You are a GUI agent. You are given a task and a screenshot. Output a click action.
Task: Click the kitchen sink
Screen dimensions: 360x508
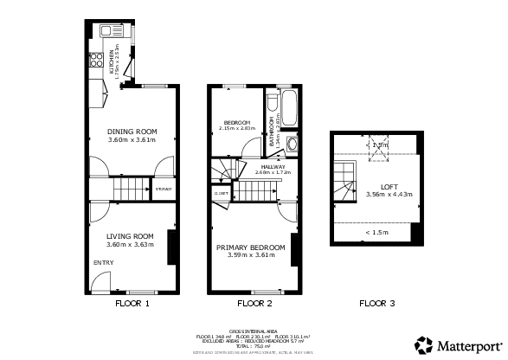point(109,31)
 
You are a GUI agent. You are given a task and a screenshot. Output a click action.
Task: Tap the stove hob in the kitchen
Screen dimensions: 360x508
point(94,62)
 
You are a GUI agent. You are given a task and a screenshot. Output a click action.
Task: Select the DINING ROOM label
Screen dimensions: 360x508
point(131,132)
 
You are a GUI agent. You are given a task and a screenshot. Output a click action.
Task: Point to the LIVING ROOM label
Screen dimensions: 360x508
point(130,236)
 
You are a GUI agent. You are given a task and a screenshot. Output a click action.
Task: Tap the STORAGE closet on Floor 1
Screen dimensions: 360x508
point(163,189)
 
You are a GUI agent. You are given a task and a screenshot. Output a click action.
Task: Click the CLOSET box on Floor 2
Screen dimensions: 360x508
point(222,193)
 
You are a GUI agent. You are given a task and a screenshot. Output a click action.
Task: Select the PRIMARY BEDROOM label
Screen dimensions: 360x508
point(250,247)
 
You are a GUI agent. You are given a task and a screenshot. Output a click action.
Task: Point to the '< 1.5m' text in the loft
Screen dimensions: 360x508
point(378,232)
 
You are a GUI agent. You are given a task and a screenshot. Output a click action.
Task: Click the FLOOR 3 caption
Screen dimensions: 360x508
point(377,304)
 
